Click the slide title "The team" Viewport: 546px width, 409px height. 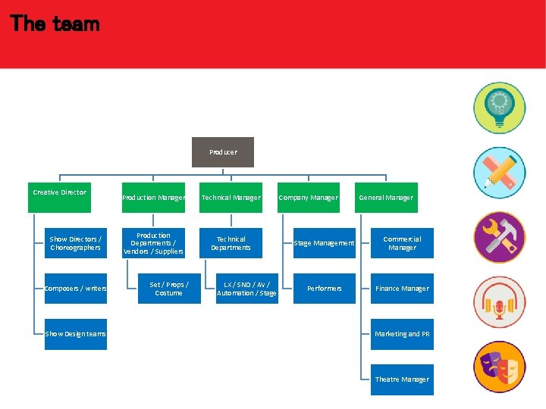tap(55, 23)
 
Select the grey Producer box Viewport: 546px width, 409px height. tap(223, 152)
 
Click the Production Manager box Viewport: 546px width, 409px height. tap(153, 198)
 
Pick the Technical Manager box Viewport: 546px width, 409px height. tap(231, 198)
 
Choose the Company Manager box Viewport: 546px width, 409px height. tap(308, 198)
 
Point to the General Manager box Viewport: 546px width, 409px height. tap(386, 198)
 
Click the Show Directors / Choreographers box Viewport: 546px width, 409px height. tap(75, 243)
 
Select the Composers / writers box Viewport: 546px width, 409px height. tap(75, 289)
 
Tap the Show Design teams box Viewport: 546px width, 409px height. tap(75, 334)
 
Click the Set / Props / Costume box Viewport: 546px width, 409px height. tap(169, 289)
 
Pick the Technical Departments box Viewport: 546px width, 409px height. tap(231, 243)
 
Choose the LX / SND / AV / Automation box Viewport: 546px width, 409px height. tap(246, 289)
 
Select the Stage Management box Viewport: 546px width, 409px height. tap(324, 243)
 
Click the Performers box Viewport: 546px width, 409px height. tap(324, 289)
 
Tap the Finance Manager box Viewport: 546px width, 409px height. tap(402, 289)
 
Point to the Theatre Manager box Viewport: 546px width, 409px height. tap(402, 379)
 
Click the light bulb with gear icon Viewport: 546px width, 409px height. tap(499, 108)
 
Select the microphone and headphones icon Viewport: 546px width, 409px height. tap(499, 302)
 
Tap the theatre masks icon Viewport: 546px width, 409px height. tap(499, 367)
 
